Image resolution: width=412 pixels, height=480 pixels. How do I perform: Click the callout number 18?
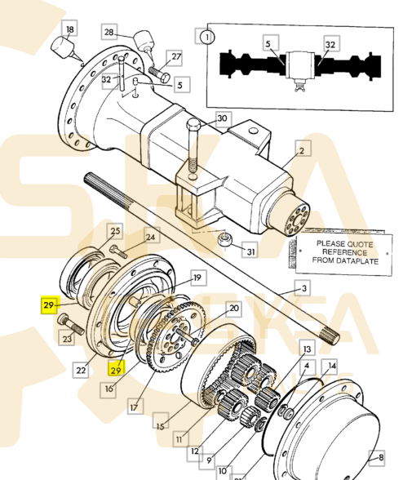69,30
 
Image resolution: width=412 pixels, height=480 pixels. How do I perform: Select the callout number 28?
109,32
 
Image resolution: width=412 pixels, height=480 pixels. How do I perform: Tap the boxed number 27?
176,56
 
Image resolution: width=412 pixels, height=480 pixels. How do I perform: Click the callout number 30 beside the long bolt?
222,118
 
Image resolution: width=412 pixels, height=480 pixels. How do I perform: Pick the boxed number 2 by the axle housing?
301,151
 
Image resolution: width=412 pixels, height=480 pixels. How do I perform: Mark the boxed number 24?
150,238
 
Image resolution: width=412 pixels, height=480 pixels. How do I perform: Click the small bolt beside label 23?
64,323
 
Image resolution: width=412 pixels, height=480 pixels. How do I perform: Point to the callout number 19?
196,278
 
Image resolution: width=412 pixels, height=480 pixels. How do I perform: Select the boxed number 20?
233,309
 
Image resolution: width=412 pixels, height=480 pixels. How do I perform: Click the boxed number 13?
307,349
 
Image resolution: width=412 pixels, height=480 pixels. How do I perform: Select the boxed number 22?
82,370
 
